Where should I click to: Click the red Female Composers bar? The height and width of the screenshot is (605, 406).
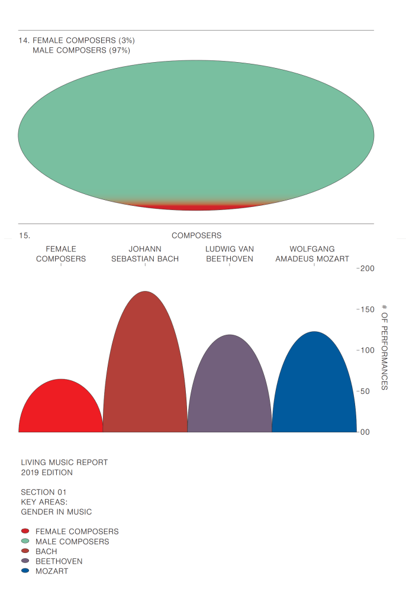tap(61, 408)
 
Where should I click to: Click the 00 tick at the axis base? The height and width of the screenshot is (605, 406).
tap(365, 432)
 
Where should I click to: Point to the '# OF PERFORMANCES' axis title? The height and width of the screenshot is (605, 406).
tap(385, 347)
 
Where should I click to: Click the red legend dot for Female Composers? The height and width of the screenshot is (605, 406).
tap(25, 531)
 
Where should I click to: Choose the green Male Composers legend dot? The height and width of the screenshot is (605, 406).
tap(25, 541)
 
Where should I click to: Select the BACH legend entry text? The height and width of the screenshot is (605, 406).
tap(46, 551)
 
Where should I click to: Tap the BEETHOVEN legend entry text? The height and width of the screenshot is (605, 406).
tap(59, 561)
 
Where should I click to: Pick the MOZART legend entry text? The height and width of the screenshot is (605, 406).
tap(51, 571)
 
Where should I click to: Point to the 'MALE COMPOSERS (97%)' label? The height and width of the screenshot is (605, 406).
tap(81, 50)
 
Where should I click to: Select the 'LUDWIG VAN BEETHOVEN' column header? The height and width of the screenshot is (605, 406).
tap(230, 254)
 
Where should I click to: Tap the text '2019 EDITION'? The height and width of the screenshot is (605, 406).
tap(47, 473)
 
